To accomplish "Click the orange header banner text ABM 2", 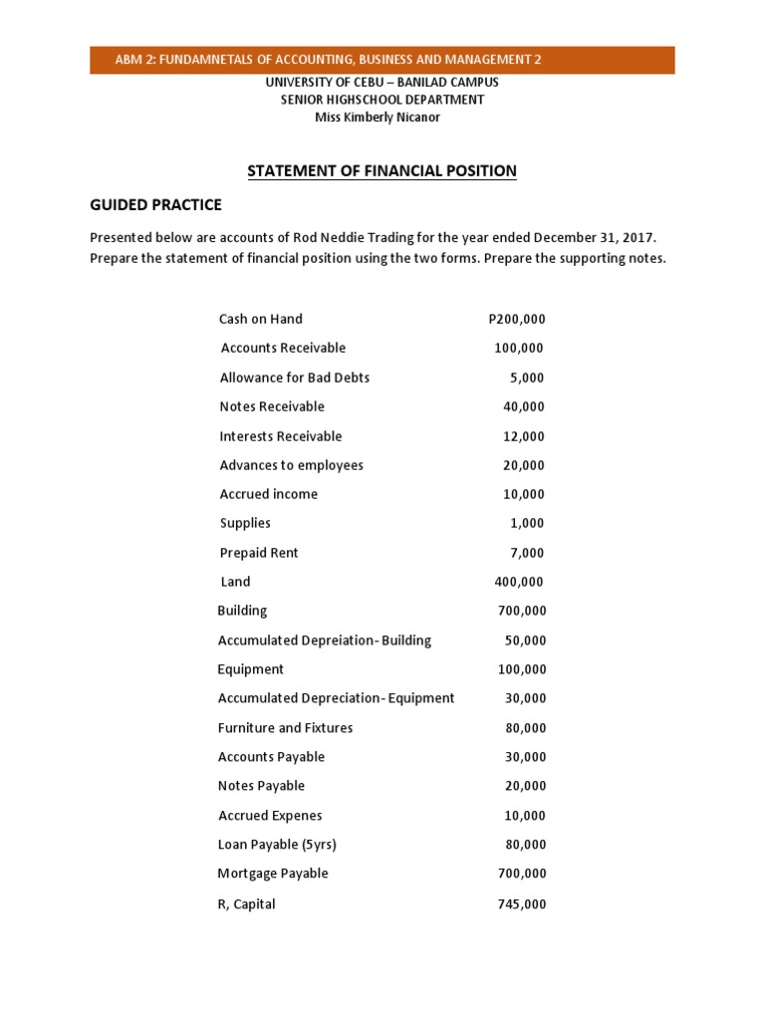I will pyautogui.click(x=328, y=60).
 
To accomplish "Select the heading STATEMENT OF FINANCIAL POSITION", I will pyautogui.click(x=382, y=171).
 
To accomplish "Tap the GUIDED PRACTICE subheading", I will pyautogui.click(x=155, y=205).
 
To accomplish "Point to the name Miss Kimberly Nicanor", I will pyautogui.click(x=377, y=118).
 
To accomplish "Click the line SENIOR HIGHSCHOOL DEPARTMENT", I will pyautogui.click(x=383, y=100).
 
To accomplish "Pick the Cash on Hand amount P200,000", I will pyautogui.click(x=517, y=319).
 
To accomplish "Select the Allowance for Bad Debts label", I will pyautogui.click(x=294, y=378).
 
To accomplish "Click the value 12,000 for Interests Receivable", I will pyautogui.click(x=523, y=436).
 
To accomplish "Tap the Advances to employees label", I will pyautogui.click(x=291, y=465).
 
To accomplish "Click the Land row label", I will pyautogui.click(x=235, y=582).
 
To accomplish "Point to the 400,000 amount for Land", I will pyautogui.click(x=519, y=582).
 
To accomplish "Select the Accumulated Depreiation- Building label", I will pyautogui.click(x=325, y=640).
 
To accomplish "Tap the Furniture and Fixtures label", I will pyautogui.click(x=285, y=728).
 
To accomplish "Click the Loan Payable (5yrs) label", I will pyautogui.click(x=277, y=845).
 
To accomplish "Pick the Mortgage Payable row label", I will pyautogui.click(x=272, y=874).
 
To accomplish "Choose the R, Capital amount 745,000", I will pyautogui.click(x=521, y=904).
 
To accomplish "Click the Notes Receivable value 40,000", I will pyautogui.click(x=523, y=406).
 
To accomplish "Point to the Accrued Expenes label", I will pyautogui.click(x=270, y=816).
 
